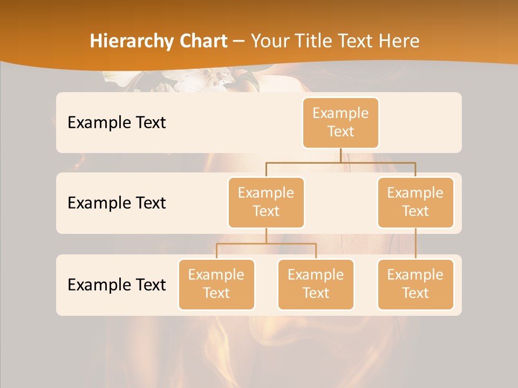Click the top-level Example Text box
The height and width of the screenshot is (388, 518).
click(340, 123)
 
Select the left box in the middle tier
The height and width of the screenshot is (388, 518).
click(266, 203)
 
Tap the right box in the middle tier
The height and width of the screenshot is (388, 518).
click(415, 203)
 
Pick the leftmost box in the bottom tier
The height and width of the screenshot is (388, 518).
click(216, 285)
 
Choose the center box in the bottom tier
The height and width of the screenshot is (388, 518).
click(316, 285)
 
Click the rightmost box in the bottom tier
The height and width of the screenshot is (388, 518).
click(415, 285)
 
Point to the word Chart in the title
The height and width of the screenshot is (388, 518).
click(201, 41)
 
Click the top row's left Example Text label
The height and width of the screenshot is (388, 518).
click(117, 123)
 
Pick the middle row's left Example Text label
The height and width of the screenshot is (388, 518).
click(117, 203)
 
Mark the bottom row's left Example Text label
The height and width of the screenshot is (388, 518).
click(117, 285)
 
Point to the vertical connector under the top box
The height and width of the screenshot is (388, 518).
click(340, 155)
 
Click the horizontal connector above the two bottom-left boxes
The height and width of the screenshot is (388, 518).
click(266, 244)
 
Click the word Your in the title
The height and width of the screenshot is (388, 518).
click(270, 41)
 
